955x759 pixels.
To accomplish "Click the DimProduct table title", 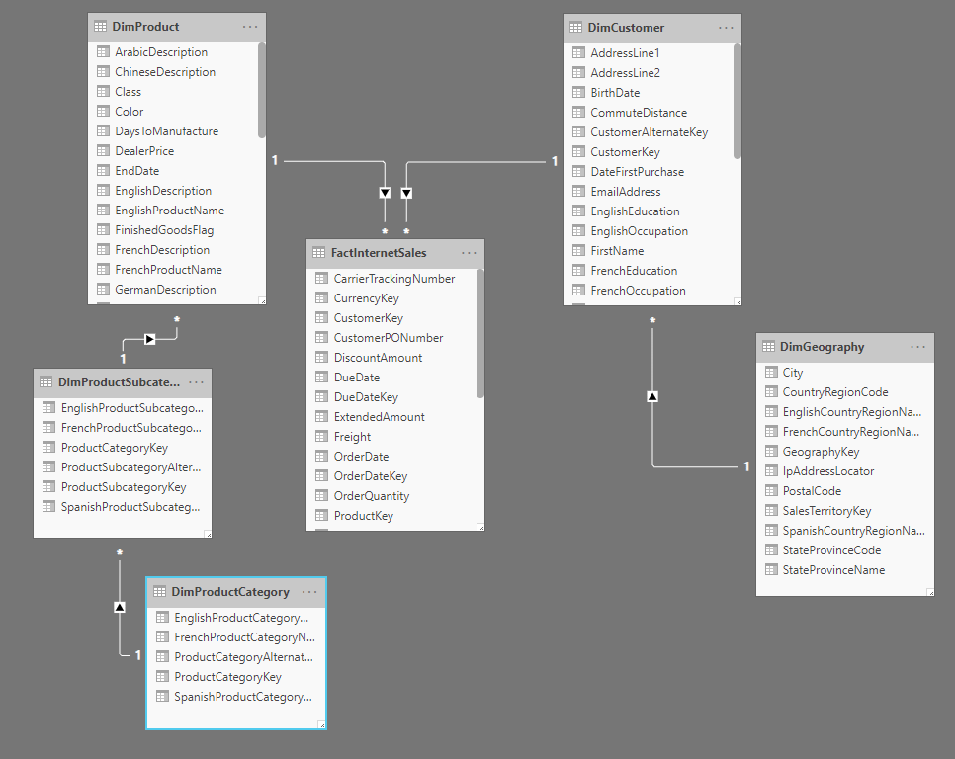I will [146, 27].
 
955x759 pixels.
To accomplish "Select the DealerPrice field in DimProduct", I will [144, 151].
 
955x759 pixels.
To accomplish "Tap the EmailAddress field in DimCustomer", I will [626, 192].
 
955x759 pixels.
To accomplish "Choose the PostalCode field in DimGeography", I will [812, 491].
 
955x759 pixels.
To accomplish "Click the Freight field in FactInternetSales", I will [352, 437].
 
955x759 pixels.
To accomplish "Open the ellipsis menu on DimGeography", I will [918, 347].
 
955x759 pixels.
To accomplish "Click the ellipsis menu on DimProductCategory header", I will [309, 592].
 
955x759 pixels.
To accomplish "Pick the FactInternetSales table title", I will [380, 253].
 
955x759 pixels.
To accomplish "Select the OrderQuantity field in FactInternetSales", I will [372, 496].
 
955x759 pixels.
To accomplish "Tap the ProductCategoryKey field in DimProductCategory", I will [227, 677].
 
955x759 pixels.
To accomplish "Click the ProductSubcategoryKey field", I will [124, 487].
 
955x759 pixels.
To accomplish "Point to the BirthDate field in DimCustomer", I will [615, 93].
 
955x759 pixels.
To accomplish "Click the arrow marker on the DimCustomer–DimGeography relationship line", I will [652, 396].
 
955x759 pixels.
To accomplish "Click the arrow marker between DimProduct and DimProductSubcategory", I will [150, 339].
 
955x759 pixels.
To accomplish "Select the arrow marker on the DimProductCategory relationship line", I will [120, 606].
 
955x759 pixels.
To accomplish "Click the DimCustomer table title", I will [627, 28].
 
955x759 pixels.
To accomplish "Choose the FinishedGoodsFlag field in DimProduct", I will [164, 230].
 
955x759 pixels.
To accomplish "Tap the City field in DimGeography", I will [793, 373].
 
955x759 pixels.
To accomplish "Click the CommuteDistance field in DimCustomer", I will [639, 113].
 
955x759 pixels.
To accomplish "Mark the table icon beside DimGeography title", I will [769, 347].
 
